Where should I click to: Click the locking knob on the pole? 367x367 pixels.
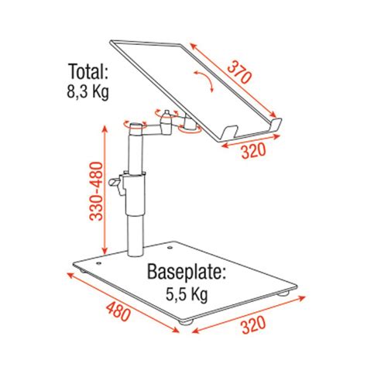tap(118, 183)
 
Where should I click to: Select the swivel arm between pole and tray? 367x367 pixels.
tap(160, 123)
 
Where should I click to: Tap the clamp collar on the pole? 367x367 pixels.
tap(135, 175)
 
